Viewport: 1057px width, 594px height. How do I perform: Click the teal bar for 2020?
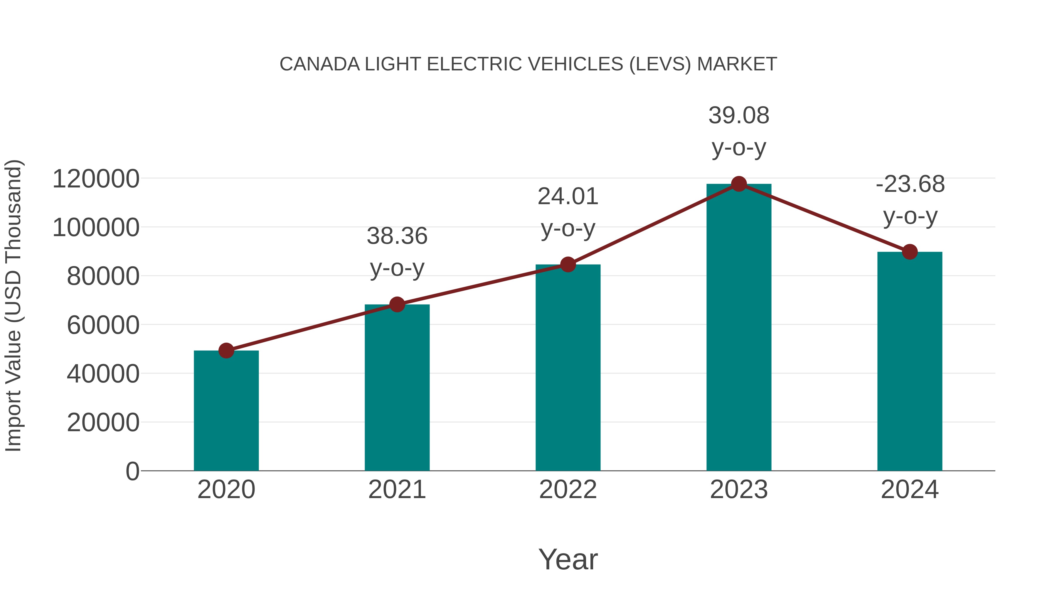pos(226,410)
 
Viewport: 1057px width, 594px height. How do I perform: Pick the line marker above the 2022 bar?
pos(568,265)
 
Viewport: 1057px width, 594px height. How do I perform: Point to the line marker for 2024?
pos(910,252)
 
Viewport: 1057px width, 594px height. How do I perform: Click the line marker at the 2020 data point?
pos(226,351)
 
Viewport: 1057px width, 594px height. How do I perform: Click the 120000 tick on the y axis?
pos(96,179)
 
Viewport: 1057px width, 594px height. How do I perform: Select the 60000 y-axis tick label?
pos(103,326)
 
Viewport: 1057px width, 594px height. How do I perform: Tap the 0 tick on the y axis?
pos(132,471)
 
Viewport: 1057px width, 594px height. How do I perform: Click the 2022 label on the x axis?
pos(568,490)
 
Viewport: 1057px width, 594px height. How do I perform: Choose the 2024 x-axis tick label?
pos(910,490)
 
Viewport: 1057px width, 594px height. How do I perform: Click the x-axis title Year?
pos(568,559)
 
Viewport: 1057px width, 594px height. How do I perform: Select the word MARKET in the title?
pos(737,64)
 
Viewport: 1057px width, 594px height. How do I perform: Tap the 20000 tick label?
pos(103,423)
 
